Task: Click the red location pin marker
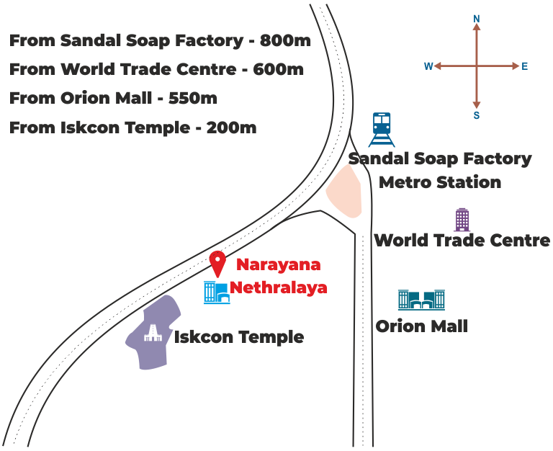pyautogui.click(x=217, y=263)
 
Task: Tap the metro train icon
pyautogui.click(x=381, y=130)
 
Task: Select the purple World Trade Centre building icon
pyautogui.click(x=462, y=219)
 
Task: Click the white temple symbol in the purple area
pyautogui.click(x=151, y=332)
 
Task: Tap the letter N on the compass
pyautogui.click(x=476, y=18)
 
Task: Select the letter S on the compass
pyautogui.click(x=476, y=115)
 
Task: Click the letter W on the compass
pyautogui.click(x=428, y=66)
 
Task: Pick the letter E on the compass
pyautogui.click(x=525, y=66)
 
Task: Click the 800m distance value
pyautogui.click(x=285, y=40)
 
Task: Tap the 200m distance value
pyautogui.click(x=231, y=128)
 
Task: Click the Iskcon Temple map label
pyautogui.click(x=239, y=336)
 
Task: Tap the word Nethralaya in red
pyautogui.click(x=279, y=287)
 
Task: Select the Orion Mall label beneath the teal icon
pyautogui.click(x=422, y=326)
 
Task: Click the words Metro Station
pyautogui.click(x=439, y=182)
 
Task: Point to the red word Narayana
pyautogui.click(x=279, y=264)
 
